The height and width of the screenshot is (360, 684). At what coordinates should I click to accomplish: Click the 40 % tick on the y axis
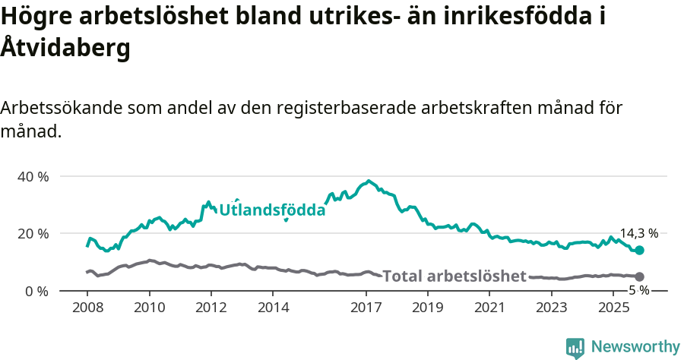pos(33,176)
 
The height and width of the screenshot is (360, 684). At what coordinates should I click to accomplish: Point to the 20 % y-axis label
pos(33,233)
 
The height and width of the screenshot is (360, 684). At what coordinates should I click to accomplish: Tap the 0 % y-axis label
pos(36,291)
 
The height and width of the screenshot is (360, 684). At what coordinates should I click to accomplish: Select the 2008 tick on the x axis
pos(87,308)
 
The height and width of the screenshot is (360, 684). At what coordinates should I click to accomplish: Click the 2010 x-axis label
pos(149,308)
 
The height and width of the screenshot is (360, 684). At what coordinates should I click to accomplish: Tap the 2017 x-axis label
pos(366,308)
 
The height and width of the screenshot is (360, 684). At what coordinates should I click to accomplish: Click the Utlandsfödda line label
pos(272,210)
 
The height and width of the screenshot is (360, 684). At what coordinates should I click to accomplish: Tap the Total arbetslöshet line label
pos(454,276)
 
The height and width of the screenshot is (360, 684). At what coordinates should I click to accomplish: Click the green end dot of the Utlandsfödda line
pos(640,250)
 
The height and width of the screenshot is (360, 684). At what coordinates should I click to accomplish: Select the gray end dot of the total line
pos(640,276)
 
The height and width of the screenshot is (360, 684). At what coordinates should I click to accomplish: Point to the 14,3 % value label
pos(638,233)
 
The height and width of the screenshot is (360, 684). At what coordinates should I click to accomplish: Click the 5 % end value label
pos(638,290)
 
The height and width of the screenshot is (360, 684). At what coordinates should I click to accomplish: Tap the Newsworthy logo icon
pos(575,347)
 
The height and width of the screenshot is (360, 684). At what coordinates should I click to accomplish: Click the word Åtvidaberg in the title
pos(65,47)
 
